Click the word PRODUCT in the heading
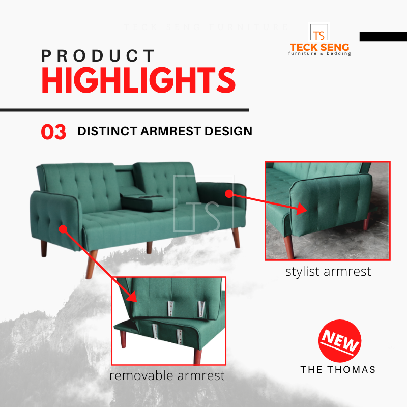98,55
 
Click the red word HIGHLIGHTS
138,80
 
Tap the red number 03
53,132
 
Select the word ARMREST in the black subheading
171,131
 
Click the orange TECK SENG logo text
319,47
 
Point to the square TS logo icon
319,33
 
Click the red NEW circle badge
340,341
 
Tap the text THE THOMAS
338,370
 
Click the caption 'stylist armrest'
328,272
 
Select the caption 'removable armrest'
167,376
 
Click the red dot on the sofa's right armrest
228,194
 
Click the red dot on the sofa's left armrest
63,229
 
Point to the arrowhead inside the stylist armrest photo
302,209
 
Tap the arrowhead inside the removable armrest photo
131,296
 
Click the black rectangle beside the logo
383,36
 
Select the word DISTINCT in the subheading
107,131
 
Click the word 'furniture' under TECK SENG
303,54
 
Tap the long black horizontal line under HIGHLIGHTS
125,110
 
